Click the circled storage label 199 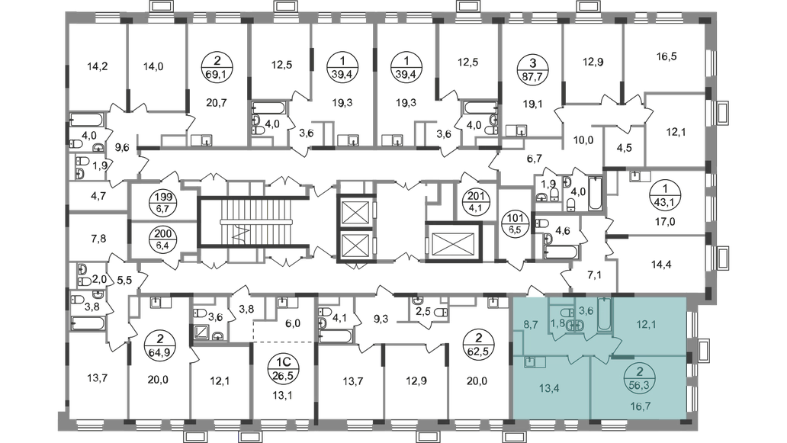163,202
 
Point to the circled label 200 163,239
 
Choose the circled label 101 516,223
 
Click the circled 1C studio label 281,369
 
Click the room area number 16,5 666,56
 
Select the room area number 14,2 98,66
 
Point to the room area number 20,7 217,103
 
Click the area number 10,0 583,140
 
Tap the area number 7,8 98,239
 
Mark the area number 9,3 381,318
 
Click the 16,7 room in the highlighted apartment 641,406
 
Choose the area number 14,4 661,265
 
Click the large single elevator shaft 453,241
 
